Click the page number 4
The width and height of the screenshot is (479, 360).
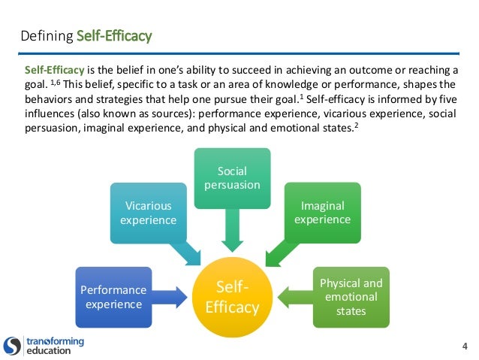(x=465, y=346)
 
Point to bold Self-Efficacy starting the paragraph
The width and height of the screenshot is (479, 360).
(x=52, y=68)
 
